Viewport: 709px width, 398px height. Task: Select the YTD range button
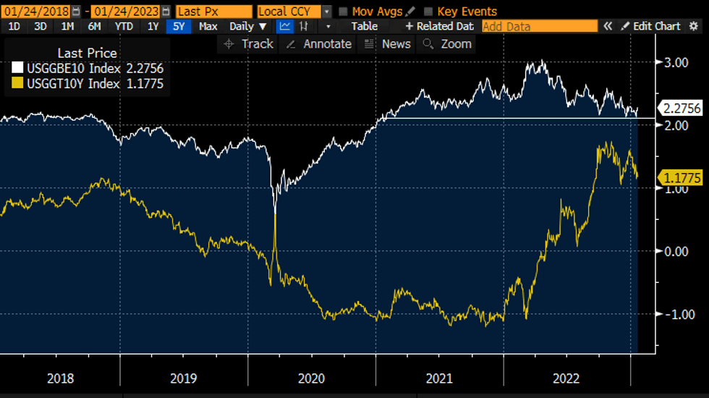point(124,26)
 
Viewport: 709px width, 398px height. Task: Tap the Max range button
point(208,26)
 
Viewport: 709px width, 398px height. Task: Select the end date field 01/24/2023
point(125,12)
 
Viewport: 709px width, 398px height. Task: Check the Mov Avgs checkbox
point(344,12)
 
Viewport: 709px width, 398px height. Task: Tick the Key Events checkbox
point(429,12)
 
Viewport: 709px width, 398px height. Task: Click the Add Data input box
point(539,26)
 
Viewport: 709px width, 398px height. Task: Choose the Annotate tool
point(319,44)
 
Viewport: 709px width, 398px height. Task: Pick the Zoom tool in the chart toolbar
point(448,44)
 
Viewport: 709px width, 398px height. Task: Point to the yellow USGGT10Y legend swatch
point(17,84)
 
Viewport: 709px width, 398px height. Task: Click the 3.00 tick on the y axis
point(676,63)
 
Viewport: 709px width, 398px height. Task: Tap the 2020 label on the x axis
point(311,378)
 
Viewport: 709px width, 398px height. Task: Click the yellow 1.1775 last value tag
point(681,177)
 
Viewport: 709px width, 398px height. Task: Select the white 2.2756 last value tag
point(682,109)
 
